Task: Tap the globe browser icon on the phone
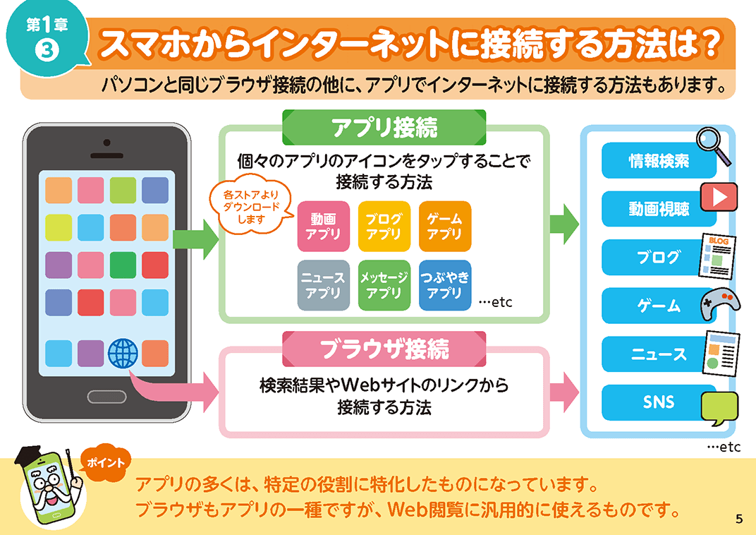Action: (123, 353)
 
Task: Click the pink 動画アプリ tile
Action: (324, 227)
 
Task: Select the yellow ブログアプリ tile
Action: (384, 227)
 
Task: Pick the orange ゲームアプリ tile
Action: (445, 227)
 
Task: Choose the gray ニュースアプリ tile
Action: (324, 285)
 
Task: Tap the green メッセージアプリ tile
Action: (384, 285)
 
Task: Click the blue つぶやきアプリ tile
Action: (445, 285)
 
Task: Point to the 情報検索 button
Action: (659, 161)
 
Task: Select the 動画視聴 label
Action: (659, 209)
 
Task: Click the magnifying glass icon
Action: (714, 146)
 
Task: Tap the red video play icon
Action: (719, 197)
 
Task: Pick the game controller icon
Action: (720, 304)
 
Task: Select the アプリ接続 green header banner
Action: (384, 127)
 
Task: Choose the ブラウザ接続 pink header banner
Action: (384, 349)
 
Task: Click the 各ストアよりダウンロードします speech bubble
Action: (250, 207)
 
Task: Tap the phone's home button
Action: (107, 397)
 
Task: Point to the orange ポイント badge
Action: (105, 462)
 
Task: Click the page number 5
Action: (739, 519)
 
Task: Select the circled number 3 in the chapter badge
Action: (47, 50)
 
